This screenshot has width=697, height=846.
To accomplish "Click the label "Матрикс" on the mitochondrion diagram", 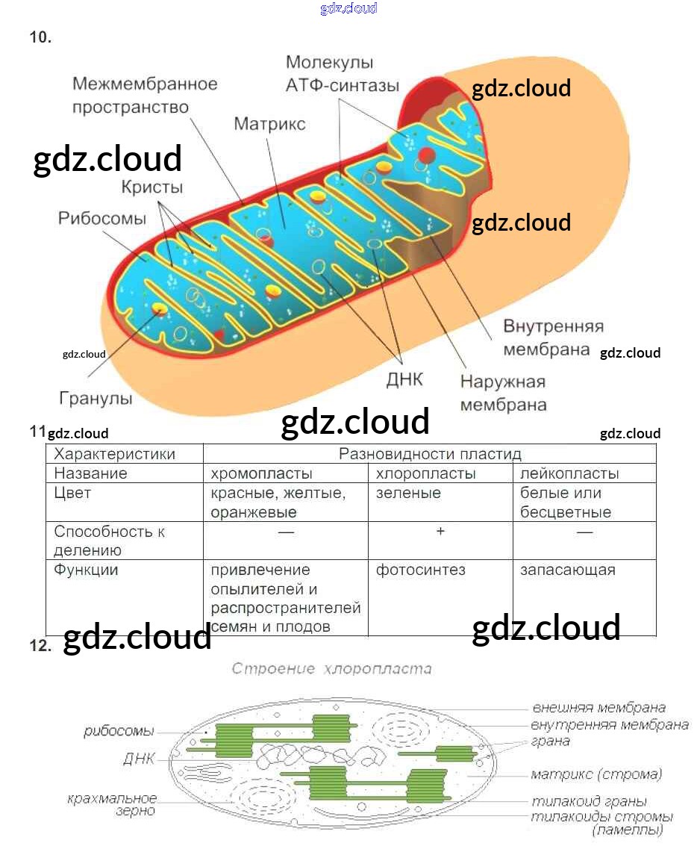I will pyautogui.click(x=269, y=124).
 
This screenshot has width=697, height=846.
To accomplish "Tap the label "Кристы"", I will pyautogui.click(x=152, y=187).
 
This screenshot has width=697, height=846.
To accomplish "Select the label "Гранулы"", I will pyautogui.click(x=96, y=398).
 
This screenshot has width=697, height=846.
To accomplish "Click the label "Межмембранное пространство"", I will pyautogui.click(x=145, y=95).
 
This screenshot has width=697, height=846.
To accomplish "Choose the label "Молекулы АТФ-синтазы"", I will pyautogui.click(x=342, y=74).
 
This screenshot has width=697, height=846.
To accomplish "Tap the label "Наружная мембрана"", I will pyautogui.click(x=503, y=394).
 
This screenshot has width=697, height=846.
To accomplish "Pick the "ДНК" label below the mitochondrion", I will pyautogui.click(x=404, y=379).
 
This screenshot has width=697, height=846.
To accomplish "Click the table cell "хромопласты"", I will pyautogui.click(x=262, y=473).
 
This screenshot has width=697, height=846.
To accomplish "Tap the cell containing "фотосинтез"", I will pyautogui.click(x=420, y=570).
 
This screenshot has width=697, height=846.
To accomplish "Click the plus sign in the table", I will pyautogui.click(x=440, y=531).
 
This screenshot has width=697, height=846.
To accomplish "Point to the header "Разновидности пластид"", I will pyautogui.click(x=430, y=454).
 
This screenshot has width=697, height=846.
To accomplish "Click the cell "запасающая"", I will pyautogui.click(x=567, y=570).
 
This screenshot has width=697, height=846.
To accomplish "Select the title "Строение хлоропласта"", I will pyautogui.click(x=331, y=668).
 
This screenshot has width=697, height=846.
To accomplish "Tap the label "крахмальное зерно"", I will pyautogui.click(x=112, y=805).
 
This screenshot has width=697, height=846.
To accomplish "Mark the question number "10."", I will pyautogui.click(x=40, y=37).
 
